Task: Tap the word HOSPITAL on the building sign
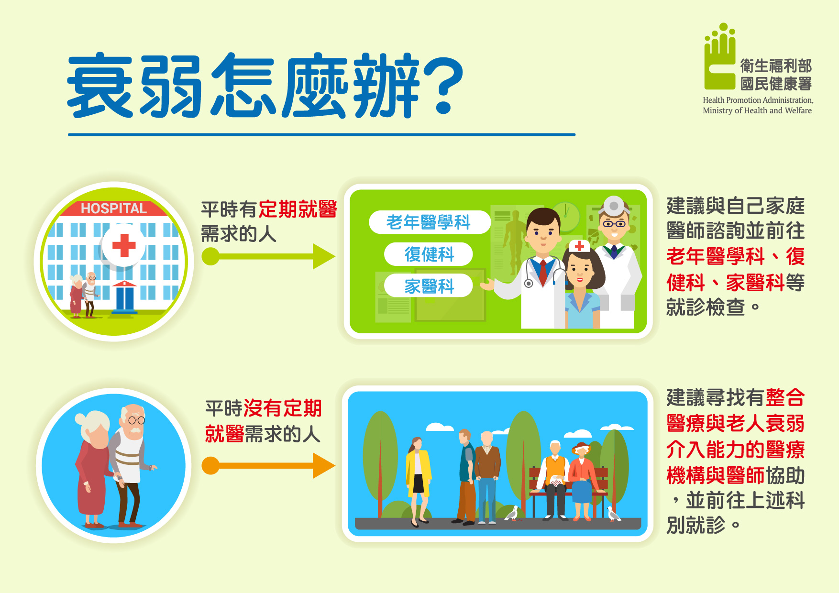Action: tap(114, 209)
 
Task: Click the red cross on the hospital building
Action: tap(124, 245)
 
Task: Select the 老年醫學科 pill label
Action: tap(430, 222)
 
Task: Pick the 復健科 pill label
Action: tap(429, 254)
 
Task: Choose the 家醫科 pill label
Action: tap(429, 286)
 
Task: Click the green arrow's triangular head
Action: tap(324, 256)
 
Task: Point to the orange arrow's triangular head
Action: tap(324, 466)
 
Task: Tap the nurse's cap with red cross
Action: tap(579, 246)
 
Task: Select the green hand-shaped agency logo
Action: tap(719, 56)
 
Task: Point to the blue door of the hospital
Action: tap(125, 298)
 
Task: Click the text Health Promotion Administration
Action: tap(757, 100)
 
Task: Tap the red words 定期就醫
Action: tap(298, 209)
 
